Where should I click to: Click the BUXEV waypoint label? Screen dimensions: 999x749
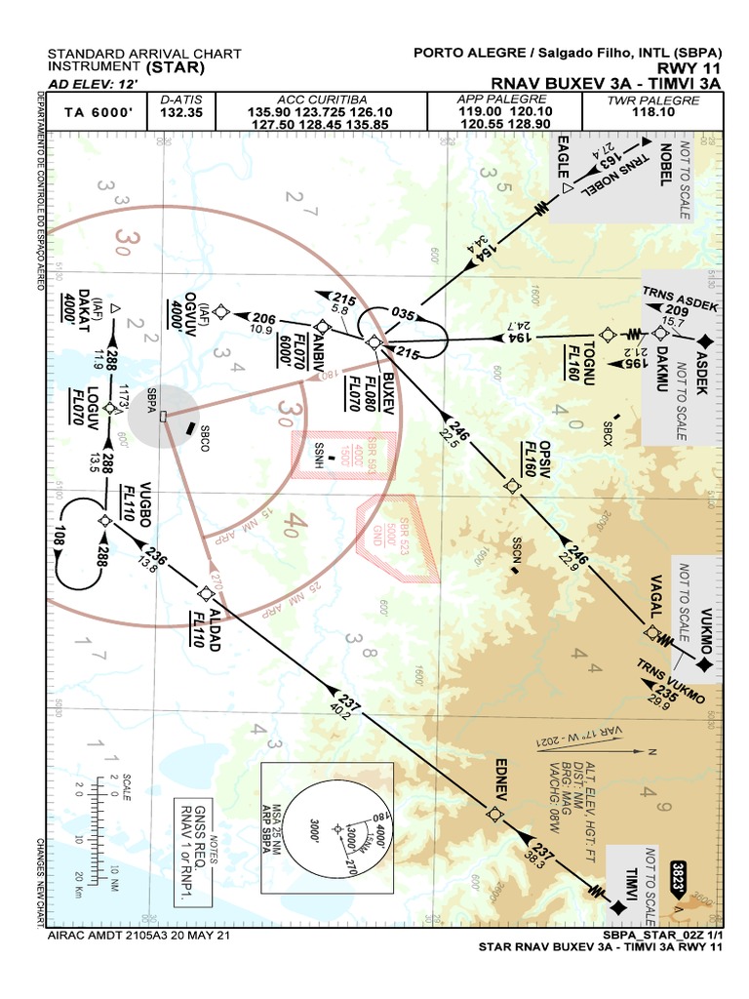tap(391, 389)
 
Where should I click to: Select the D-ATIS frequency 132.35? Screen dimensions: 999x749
tap(180, 112)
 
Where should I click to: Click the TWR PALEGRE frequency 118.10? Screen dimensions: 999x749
tap(653, 112)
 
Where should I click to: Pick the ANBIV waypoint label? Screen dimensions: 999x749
tap(318, 343)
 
